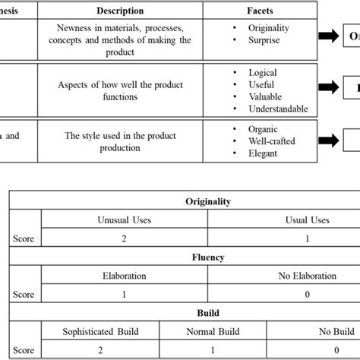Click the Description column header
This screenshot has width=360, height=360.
coord(125,11)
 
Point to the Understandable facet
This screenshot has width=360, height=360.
coord(278,109)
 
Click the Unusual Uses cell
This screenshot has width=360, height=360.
coord(125,219)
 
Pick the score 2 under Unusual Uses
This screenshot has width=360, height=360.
coord(125,238)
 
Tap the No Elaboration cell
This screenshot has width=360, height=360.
coord(307,276)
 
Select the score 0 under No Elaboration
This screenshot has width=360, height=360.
coord(307,293)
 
